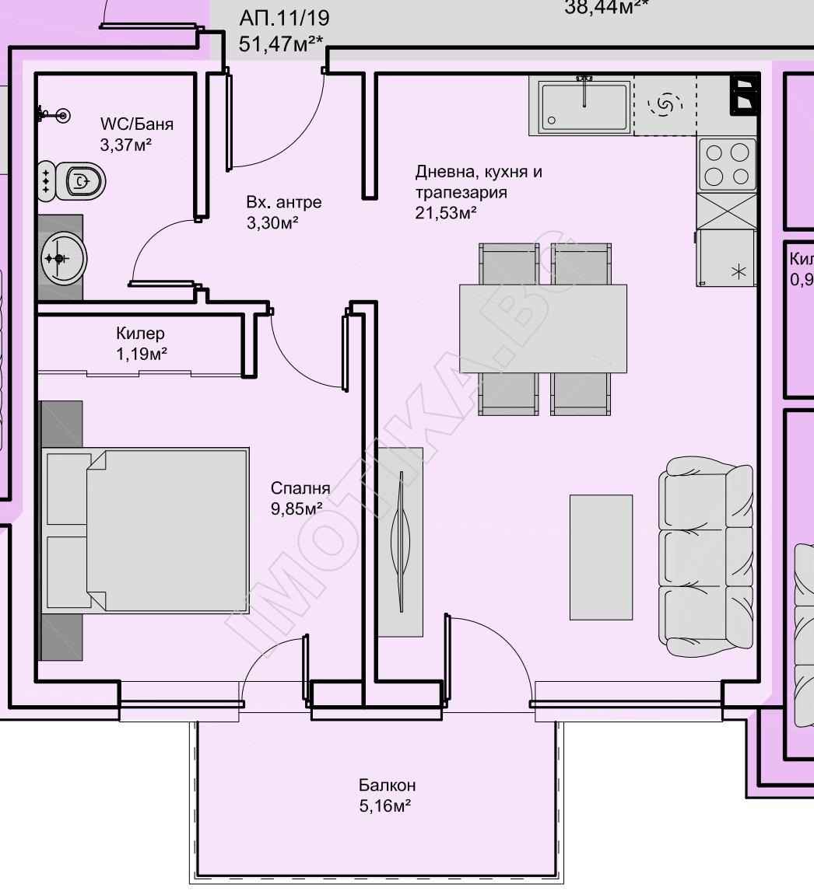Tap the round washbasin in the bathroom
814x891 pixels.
(62, 257)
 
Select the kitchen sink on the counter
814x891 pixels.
(584, 107)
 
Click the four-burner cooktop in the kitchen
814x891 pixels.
(727, 164)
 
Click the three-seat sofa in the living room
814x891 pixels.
(706, 557)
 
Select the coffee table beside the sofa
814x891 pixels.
(601, 557)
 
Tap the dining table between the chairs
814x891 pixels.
(543, 328)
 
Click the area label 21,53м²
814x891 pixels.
(446, 212)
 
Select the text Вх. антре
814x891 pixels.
(283, 203)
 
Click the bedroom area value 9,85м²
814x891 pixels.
(296, 508)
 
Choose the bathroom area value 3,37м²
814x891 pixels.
(125, 145)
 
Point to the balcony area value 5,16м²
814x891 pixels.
(385, 805)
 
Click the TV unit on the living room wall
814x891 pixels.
(401, 541)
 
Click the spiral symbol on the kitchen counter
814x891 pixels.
(665, 104)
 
